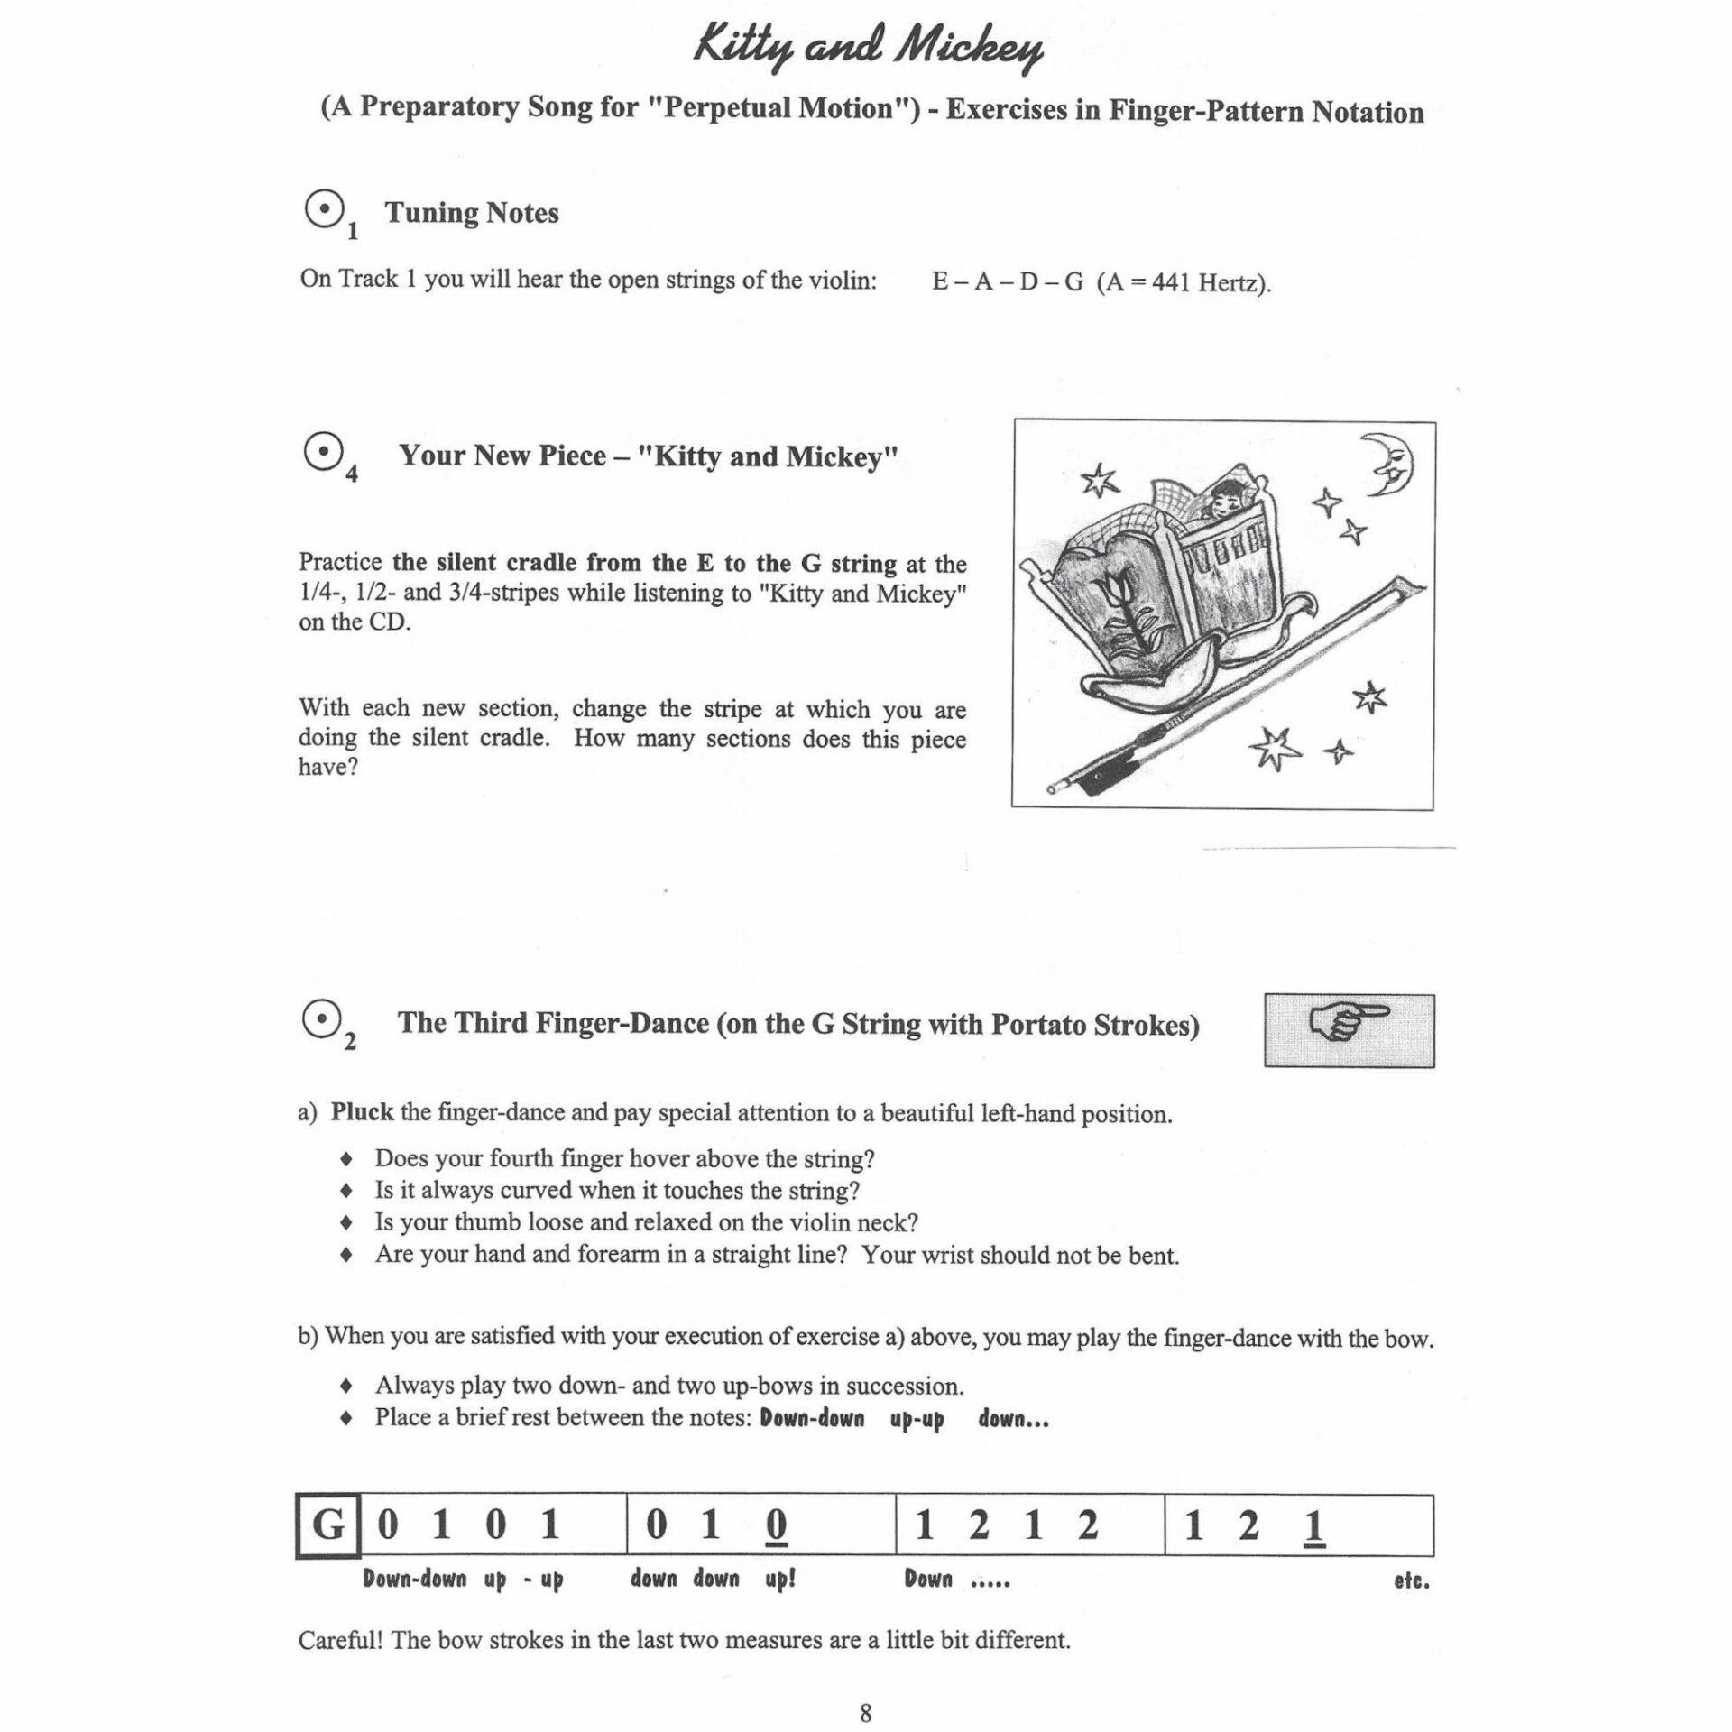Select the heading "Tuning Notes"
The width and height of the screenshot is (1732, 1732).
click(x=472, y=213)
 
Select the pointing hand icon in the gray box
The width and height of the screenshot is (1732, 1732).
click(x=1349, y=1030)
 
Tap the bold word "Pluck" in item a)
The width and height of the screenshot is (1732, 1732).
click(x=362, y=1112)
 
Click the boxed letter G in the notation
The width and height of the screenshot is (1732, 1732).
click(x=327, y=1525)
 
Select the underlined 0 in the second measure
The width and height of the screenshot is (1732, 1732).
click(x=775, y=1526)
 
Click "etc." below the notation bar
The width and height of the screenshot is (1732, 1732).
click(x=1411, y=1580)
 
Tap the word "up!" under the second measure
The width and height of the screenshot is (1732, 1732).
click(x=779, y=1580)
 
